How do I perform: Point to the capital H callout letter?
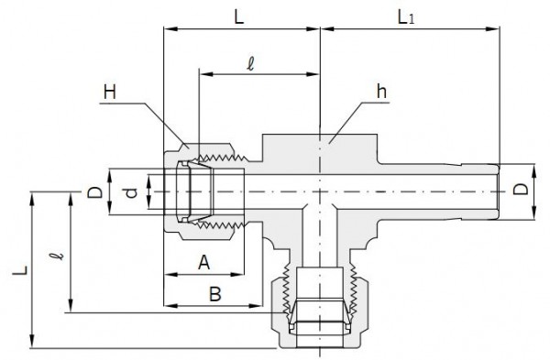coord(110,92)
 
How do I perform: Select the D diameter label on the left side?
coord(92,193)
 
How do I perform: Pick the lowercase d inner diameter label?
coord(131,193)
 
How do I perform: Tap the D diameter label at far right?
coord(520,191)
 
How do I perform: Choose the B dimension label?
coord(214,294)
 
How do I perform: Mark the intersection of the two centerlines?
coord(319,191)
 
